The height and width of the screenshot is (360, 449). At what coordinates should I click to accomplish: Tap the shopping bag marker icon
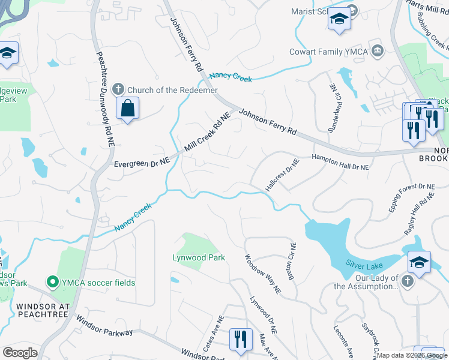click(127, 109)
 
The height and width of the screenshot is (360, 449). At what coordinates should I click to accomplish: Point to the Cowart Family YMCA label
click(330, 51)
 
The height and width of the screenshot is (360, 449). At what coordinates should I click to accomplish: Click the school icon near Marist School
click(339, 19)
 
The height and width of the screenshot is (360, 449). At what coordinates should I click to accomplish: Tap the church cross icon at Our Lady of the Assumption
click(408, 281)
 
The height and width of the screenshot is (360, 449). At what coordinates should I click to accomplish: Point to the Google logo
click(20, 353)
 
